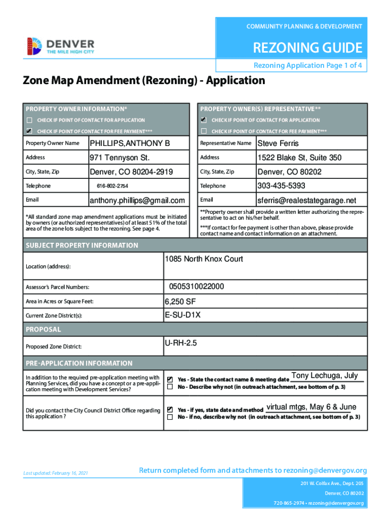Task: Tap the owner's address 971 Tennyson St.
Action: pos(120,158)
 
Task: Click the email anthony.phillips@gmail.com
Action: pos(137,200)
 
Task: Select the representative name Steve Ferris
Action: pos(278,143)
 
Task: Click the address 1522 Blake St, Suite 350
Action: pos(299,158)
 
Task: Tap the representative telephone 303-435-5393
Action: pos(281,186)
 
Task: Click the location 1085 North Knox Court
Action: pos(204,259)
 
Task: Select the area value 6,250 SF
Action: pos(179,302)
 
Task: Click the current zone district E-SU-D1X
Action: pos(182,315)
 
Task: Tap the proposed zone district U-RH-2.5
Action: pos(180,343)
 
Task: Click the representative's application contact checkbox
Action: pos(204,120)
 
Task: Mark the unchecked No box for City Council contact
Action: pos(170,417)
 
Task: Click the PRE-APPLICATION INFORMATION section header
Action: pos(79,363)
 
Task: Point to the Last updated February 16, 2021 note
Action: pos(56,473)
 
